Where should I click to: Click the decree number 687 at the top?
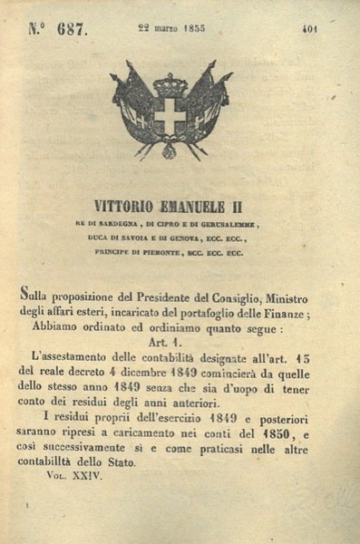coord(70,31)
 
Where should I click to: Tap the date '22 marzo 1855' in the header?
coord(173,29)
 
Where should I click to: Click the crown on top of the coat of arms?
coord(169,87)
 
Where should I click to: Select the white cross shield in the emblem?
coord(169,116)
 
